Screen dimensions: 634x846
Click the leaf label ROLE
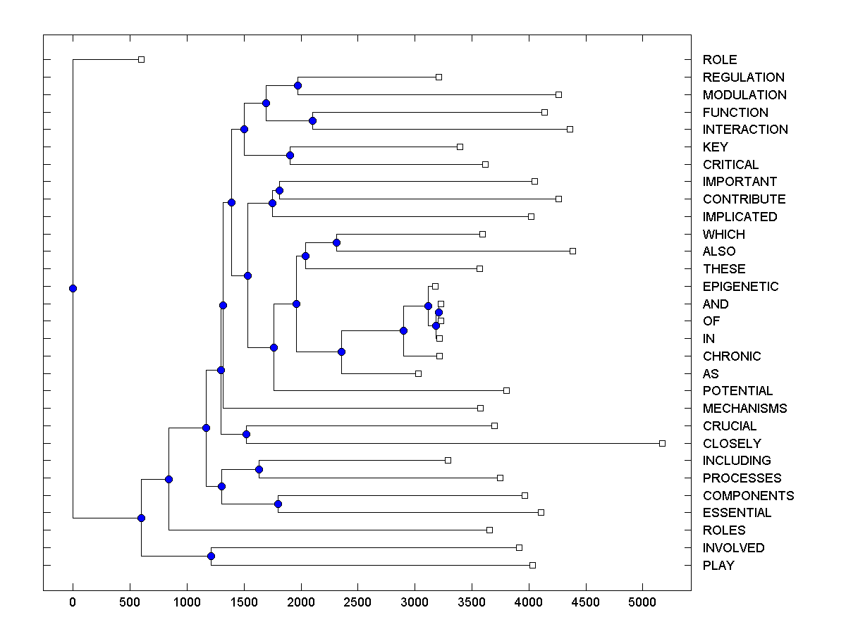(720, 60)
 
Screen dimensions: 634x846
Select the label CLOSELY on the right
(732, 443)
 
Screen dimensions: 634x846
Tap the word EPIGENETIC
(740, 287)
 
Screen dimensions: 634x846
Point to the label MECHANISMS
(744, 409)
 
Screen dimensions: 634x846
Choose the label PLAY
(718, 566)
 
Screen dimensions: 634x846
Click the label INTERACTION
(745, 130)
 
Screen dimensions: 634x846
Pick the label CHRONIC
(732, 356)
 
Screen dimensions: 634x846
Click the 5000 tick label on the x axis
(642, 603)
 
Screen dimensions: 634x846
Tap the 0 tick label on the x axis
(73, 603)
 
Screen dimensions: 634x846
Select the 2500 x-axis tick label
(357, 603)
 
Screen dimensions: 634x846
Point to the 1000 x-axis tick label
(187, 603)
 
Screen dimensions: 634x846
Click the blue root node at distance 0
(73, 288)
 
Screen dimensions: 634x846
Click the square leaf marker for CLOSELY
(662, 443)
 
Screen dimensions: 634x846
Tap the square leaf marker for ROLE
(141, 59)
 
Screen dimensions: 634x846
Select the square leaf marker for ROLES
(489, 530)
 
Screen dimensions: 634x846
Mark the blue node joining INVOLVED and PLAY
(211, 557)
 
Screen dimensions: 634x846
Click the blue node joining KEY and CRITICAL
(290, 155)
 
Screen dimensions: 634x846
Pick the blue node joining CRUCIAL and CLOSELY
(246, 434)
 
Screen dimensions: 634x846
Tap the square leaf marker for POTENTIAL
(506, 390)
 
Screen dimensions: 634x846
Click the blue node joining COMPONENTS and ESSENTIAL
(278, 504)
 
